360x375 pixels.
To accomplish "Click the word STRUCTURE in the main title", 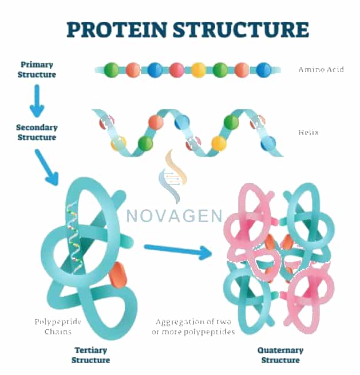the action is [241, 29].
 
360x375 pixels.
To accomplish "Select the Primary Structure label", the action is [37, 70].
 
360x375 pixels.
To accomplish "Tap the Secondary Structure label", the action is [37, 132].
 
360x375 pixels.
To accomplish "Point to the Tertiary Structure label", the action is [90, 355].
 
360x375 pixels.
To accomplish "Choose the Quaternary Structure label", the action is [280, 355].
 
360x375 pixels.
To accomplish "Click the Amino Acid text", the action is [321, 70].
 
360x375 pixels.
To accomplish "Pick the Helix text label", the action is [308, 132].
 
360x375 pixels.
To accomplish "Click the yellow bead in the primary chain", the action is [199, 70].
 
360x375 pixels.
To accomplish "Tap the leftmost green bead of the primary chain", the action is [112, 70].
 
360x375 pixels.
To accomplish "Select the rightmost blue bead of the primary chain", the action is [264, 70].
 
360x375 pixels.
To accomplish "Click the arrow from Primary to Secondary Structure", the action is [37, 101].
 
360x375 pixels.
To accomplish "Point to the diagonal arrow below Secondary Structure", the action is [47, 167].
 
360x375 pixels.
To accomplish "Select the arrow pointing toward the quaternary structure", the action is [178, 251].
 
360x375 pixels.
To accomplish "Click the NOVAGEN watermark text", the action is [175, 215].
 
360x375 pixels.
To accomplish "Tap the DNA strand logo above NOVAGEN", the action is [173, 176].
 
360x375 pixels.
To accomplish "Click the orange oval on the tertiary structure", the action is [118, 275].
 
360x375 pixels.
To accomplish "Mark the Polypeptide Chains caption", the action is [58, 327].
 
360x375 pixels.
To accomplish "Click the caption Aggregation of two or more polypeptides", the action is [193, 327].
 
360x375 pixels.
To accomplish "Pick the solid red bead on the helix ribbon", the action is [156, 122].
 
